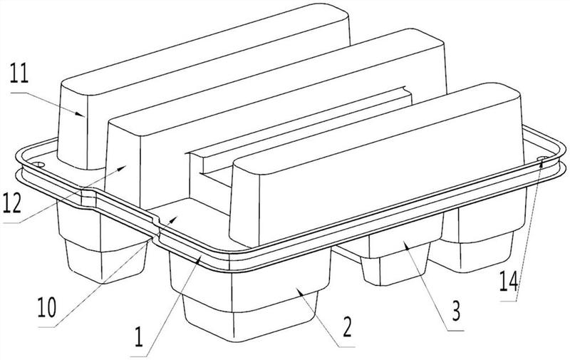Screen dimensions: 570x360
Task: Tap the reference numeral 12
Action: pos(12,203)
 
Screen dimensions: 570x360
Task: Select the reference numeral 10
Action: pos(47,308)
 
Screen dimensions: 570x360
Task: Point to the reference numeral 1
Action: pos(138,336)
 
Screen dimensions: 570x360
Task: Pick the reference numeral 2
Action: pos(347,327)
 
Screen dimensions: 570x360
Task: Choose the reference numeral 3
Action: pos(456,312)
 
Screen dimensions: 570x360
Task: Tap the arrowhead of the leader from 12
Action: pos(122,168)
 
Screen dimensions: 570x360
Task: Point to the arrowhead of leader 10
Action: pos(173,219)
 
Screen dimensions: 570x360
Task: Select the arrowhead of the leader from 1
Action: pos(199,258)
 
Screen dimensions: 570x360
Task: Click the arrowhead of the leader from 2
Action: pos(300,292)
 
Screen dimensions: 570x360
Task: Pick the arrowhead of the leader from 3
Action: pos(406,246)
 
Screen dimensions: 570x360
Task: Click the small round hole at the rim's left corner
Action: pos(38,165)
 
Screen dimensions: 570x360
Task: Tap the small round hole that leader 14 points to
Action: pos(543,158)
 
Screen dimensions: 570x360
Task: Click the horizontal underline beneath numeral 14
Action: pos(508,301)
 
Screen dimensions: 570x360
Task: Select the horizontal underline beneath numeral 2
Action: pos(346,347)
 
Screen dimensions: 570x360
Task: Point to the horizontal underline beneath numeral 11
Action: pos(19,93)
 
